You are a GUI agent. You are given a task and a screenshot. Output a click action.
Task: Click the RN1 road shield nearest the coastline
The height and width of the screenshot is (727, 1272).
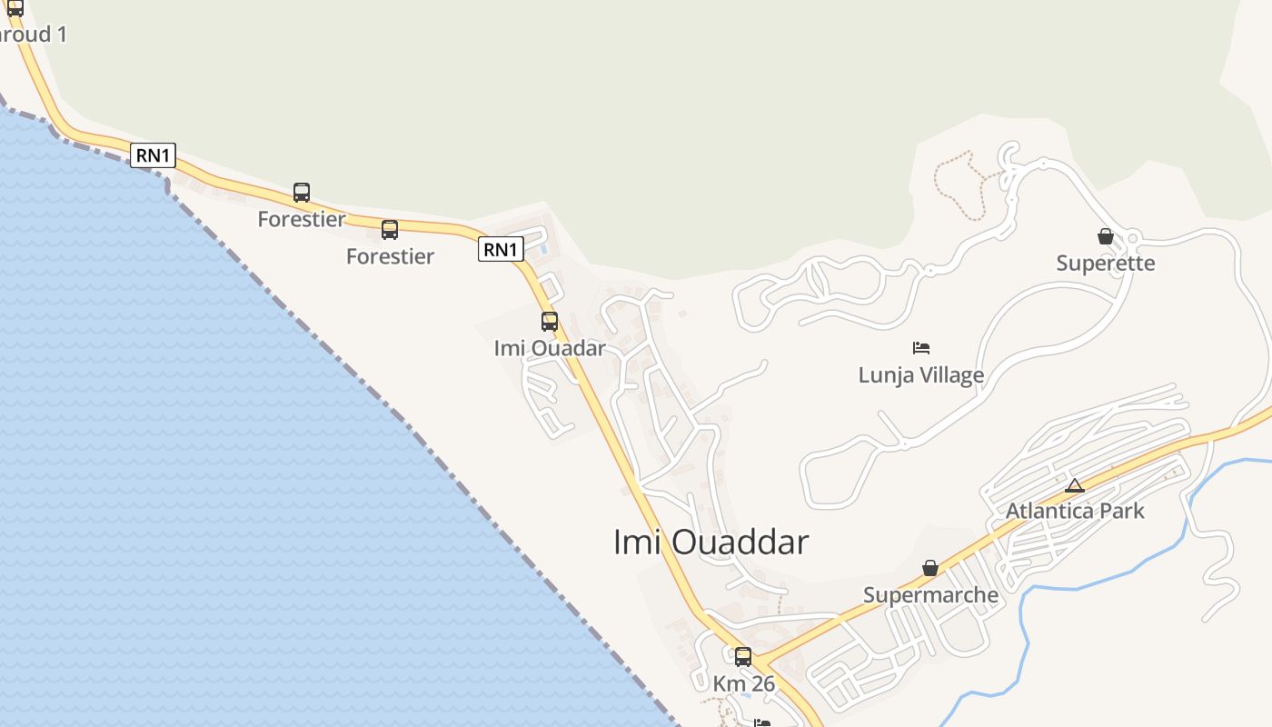(x=153, y=155)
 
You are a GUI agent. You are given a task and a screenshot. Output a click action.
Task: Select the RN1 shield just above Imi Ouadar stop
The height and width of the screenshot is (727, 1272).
(x=501, y=249)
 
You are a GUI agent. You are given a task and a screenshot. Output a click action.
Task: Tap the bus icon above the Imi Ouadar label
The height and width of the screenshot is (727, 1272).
(x=550, y=321)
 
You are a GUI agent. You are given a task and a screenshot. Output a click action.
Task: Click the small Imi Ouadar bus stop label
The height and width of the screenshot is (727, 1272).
(x=550, y=348)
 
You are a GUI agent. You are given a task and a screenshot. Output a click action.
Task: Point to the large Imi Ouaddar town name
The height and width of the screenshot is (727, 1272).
(x=711, y=543)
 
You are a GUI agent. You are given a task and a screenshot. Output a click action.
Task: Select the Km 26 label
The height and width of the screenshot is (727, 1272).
(x=744, y=683)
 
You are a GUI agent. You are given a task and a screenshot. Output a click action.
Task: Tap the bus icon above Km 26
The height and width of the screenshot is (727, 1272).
(x=743, y=656)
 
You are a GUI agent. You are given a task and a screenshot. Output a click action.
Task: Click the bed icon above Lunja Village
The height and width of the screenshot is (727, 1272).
(x=921, y=347)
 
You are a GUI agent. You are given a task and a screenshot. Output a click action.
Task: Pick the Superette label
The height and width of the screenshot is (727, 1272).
(x=1106, y=264)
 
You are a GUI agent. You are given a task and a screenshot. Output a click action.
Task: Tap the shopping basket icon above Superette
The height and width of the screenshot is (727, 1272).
(x=1106, y=236)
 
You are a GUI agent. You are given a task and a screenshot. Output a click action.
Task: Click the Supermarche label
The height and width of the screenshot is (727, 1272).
(x=930, y=595)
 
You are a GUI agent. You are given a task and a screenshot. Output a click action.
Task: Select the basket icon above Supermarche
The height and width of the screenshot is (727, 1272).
(x=930, y=568)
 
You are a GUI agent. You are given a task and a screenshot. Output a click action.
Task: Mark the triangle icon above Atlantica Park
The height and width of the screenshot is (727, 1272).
(x=1075, y=484)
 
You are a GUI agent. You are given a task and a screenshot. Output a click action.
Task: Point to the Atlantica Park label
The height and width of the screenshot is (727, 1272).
(x=1075, y=511)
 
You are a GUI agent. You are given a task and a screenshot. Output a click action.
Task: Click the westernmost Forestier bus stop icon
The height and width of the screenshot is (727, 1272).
(x=302, y=193)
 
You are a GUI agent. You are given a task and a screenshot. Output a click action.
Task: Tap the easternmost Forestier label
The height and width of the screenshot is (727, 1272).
(x=390, y=256)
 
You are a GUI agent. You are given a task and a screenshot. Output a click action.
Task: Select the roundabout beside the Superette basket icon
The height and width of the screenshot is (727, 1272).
(x=1132, y=239)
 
